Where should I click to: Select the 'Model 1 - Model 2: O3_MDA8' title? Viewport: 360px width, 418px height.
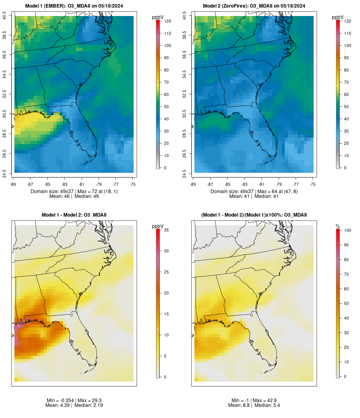74,215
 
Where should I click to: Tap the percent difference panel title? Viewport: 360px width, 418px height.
254,215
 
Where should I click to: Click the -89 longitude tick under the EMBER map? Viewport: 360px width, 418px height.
14,184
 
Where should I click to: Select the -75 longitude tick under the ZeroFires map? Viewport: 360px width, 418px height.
313,184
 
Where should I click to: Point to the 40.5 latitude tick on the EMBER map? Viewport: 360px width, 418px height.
5,16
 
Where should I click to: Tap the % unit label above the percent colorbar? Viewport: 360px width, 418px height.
338,226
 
